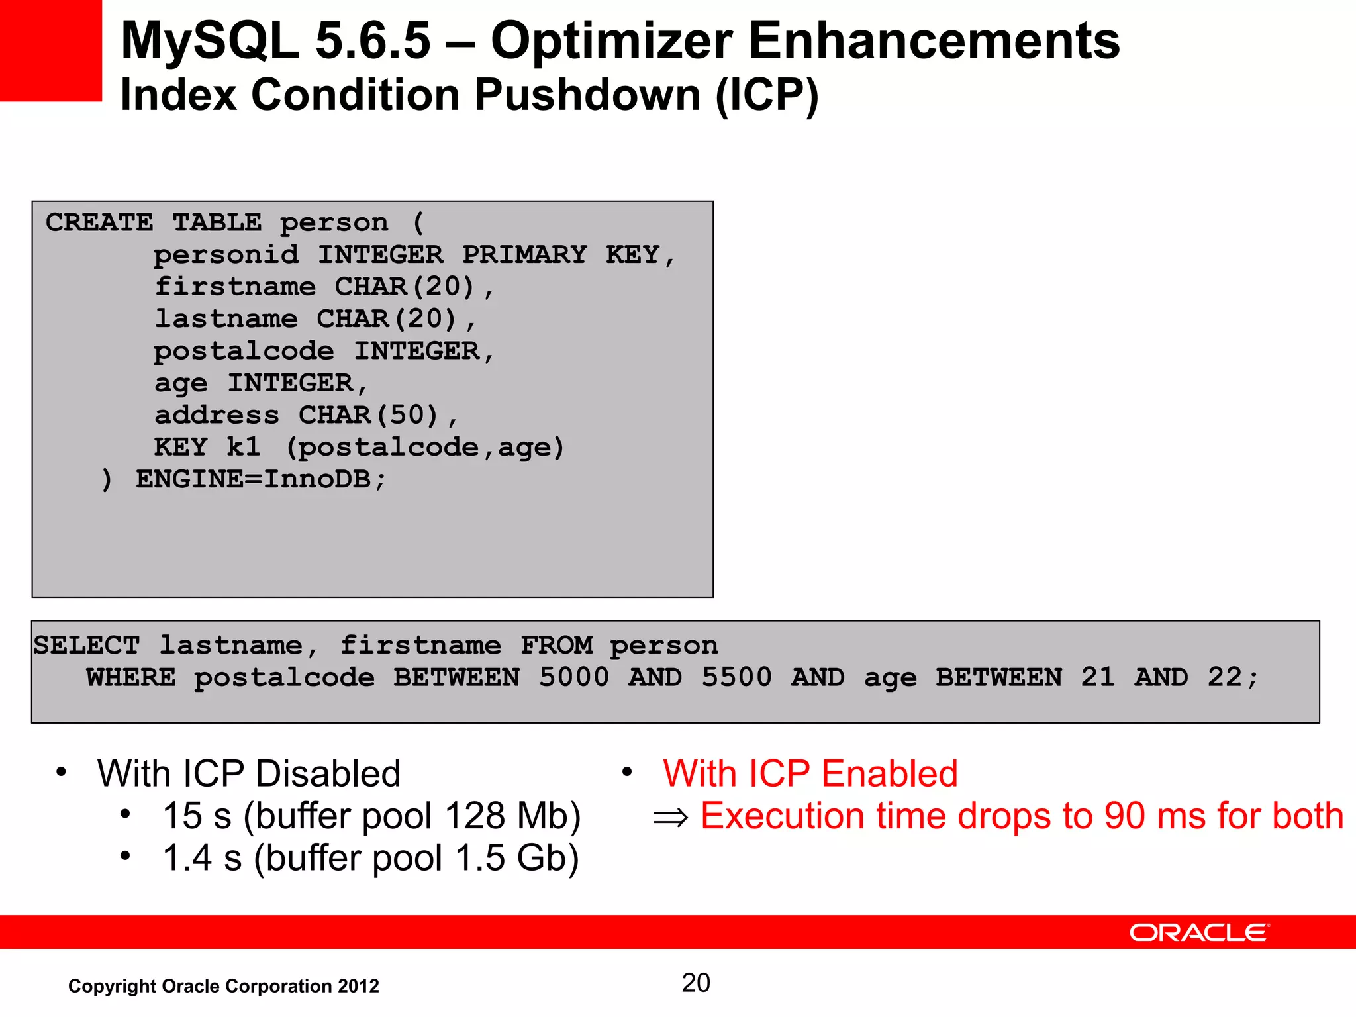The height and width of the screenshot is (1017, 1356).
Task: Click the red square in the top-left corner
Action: [x=50, y=50]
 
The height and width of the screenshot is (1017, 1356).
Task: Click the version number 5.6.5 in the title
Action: [x=373, y=41]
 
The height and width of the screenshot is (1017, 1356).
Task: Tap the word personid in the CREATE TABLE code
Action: [x=226, y=255]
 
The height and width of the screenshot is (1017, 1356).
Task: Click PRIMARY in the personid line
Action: [x=524, y=255]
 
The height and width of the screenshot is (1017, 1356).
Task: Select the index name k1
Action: [x=243, y=448]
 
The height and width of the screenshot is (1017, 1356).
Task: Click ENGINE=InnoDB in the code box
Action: [x=253, y=479]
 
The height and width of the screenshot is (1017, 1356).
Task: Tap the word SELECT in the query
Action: [x=87, y=646]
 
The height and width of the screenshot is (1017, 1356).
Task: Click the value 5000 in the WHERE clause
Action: [x=573, y=677]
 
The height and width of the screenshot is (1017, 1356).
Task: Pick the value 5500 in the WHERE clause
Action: [x=736, y=677]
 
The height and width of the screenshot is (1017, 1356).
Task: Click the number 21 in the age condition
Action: [x=1098, y=677]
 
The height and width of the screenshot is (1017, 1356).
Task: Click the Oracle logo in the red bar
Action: [x=1199, y=932]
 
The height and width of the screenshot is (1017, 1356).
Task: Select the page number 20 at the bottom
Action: [x=696, y=983]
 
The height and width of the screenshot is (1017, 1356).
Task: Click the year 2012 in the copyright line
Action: [x=358, y=986]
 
